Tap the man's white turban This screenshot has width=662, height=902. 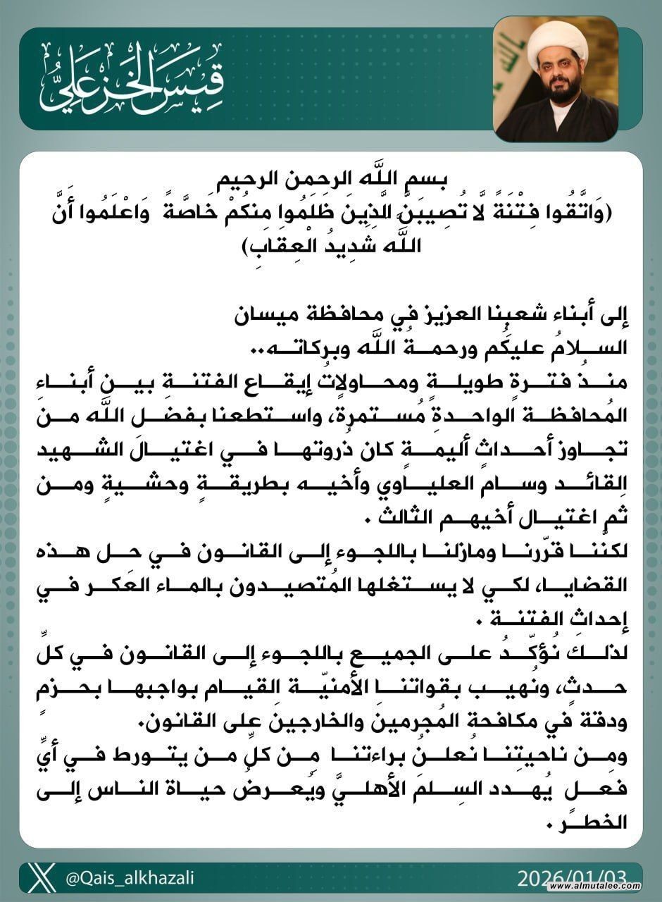point(554,43)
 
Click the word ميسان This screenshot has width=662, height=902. point(228,313)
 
